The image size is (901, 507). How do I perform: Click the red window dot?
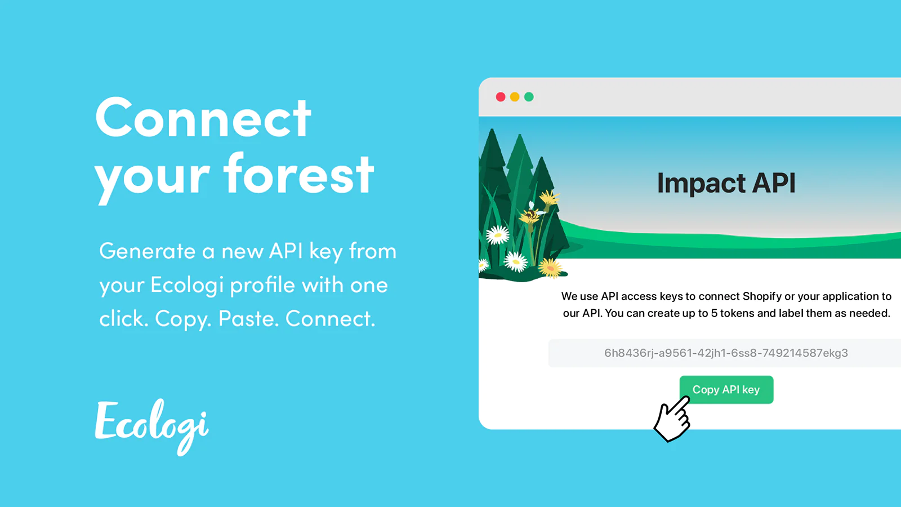[x=501, y=97]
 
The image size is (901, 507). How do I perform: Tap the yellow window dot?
[x=515, y=97]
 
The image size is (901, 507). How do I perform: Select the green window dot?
[x=529, y=97]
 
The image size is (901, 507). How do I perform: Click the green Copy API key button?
[x=726, y=389]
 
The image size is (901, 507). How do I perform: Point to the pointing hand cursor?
[x=672, y=419]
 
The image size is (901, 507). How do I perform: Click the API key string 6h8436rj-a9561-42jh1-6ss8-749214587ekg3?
[x=726, y=353]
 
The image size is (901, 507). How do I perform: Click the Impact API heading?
[x=726, y=183]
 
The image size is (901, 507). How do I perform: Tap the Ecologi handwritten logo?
[x=151, y=426]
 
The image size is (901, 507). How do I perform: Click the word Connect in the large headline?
[x=203, y=118]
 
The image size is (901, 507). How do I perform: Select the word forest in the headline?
[x=299, y=174]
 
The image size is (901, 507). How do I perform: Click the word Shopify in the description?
[x=762, y=296]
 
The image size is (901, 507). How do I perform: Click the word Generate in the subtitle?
[x=147, y=251]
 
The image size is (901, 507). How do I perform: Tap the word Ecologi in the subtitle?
[x=187, y=286]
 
